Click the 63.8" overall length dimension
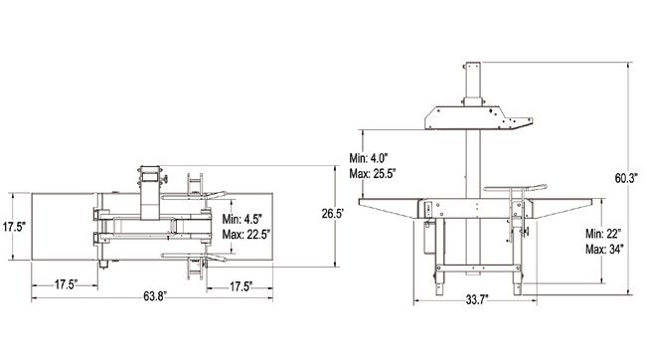155,296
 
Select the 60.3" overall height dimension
626,178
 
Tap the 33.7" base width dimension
477,299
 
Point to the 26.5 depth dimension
333,214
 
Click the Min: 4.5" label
242,219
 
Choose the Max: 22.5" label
245,235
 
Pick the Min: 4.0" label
369,158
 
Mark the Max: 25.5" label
373,174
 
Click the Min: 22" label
603,234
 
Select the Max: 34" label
604,250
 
